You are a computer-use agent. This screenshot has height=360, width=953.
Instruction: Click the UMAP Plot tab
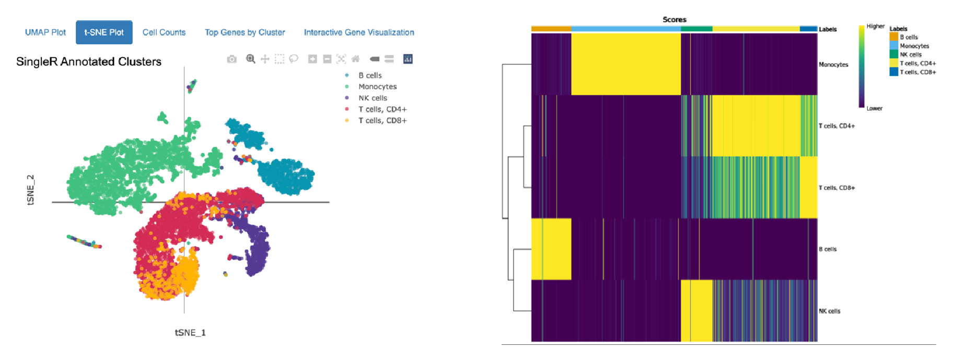coord(45,32)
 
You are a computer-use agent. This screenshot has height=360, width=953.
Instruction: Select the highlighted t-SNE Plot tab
coord(104,32)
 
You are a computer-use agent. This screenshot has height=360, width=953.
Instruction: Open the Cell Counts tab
coord(164,32)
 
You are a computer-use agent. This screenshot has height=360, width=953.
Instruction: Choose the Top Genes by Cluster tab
coord(245,32)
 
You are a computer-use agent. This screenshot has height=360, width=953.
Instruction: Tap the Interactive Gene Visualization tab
coord(359,32)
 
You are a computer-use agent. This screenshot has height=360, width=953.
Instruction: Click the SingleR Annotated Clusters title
coord(89,62)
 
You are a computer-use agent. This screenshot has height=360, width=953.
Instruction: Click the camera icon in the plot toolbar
coord(232,59)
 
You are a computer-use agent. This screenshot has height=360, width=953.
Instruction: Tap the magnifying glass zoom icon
coord(251,59)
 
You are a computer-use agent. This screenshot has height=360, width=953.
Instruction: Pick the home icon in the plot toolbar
coord(356,59)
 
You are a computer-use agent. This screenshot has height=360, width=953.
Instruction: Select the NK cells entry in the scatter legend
coord(373,98)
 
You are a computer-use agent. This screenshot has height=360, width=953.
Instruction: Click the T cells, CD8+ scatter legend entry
coord(382,121)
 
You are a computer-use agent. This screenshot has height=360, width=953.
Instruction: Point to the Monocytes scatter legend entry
coord(377,87)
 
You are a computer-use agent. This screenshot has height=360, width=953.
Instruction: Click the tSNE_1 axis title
coord(190,333)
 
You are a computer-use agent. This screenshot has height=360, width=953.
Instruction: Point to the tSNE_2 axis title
coord(31,190)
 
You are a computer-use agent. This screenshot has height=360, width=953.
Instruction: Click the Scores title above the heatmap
coord(675,20)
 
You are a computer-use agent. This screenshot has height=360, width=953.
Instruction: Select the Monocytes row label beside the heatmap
coord(833,65)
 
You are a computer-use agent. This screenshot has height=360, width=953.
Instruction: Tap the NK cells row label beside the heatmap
coord(830,311)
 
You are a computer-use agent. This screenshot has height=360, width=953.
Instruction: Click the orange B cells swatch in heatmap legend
coord(894,37)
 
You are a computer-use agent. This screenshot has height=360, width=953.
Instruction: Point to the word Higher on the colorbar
coord(876,27)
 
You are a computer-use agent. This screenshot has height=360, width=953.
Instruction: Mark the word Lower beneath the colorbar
coord(875,109)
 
